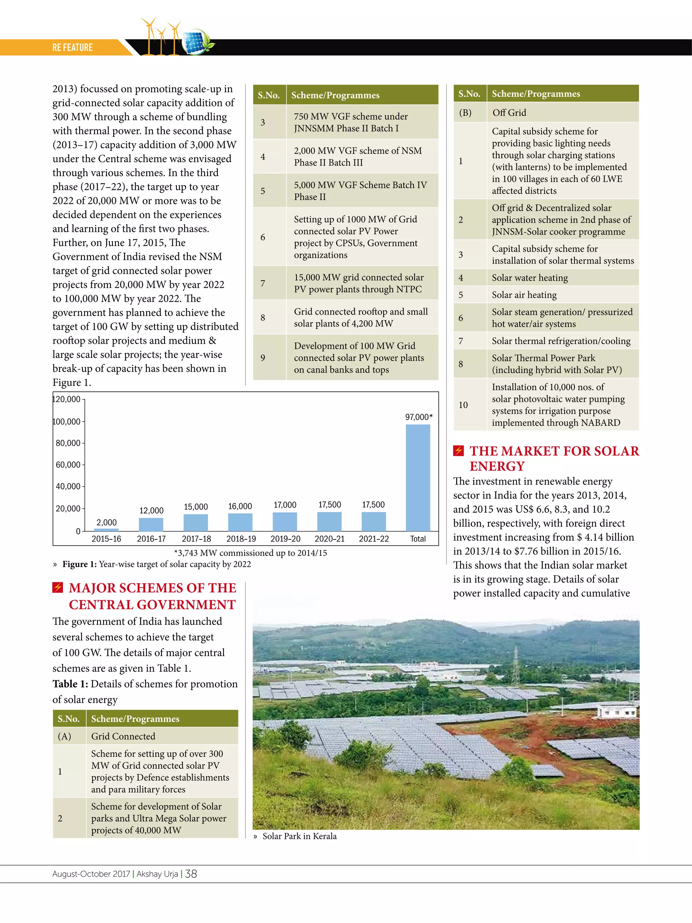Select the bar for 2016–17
point(151,524)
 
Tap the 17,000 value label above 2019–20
point(285,505)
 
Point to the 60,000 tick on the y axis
point(68,464)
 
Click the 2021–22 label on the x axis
point(374,539)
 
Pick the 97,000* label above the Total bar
point(419,417)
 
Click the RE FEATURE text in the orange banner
point(73,48)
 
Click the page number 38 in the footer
point(191,874)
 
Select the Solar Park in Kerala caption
point(299,836)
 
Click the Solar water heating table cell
point(529,278)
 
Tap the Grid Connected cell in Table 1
point(123,736)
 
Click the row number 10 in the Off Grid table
point(463,405)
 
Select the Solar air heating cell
point(524,295)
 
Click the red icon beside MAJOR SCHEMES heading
point(57,587)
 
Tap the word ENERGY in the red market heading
point(497,466)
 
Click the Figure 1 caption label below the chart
point(79,564)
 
